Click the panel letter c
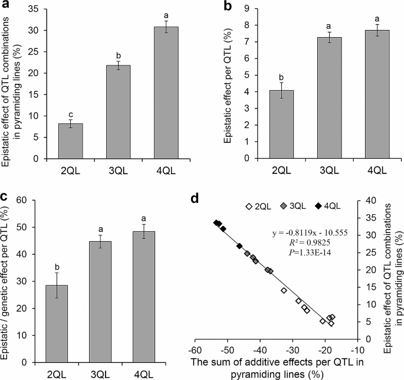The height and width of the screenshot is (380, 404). pyautogui.click(x=5, y=197)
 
